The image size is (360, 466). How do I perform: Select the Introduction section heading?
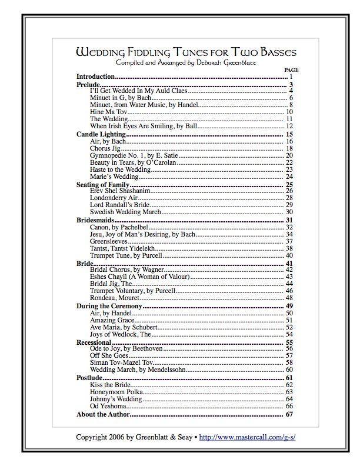pyautogui.click(x=95, y=77)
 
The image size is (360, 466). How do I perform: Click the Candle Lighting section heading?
pyautogui.click(x=101, y=134)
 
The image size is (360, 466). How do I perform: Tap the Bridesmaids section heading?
pyautogui.click(x=95, y=220)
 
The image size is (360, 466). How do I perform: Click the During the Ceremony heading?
pyautogui.click(x=110, y=306)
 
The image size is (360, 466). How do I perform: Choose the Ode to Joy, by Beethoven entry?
pyautogui.click(x=126, y=349)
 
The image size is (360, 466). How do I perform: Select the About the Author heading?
pyautogui.click(x=103, y=414)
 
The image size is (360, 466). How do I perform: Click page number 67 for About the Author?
pyautogui.click(x=289, y=414)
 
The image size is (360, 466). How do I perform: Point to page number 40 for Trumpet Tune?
pyautogui.click(x=289, y=255)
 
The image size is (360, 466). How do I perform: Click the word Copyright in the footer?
pyautogui.click(x=93, y=437)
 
